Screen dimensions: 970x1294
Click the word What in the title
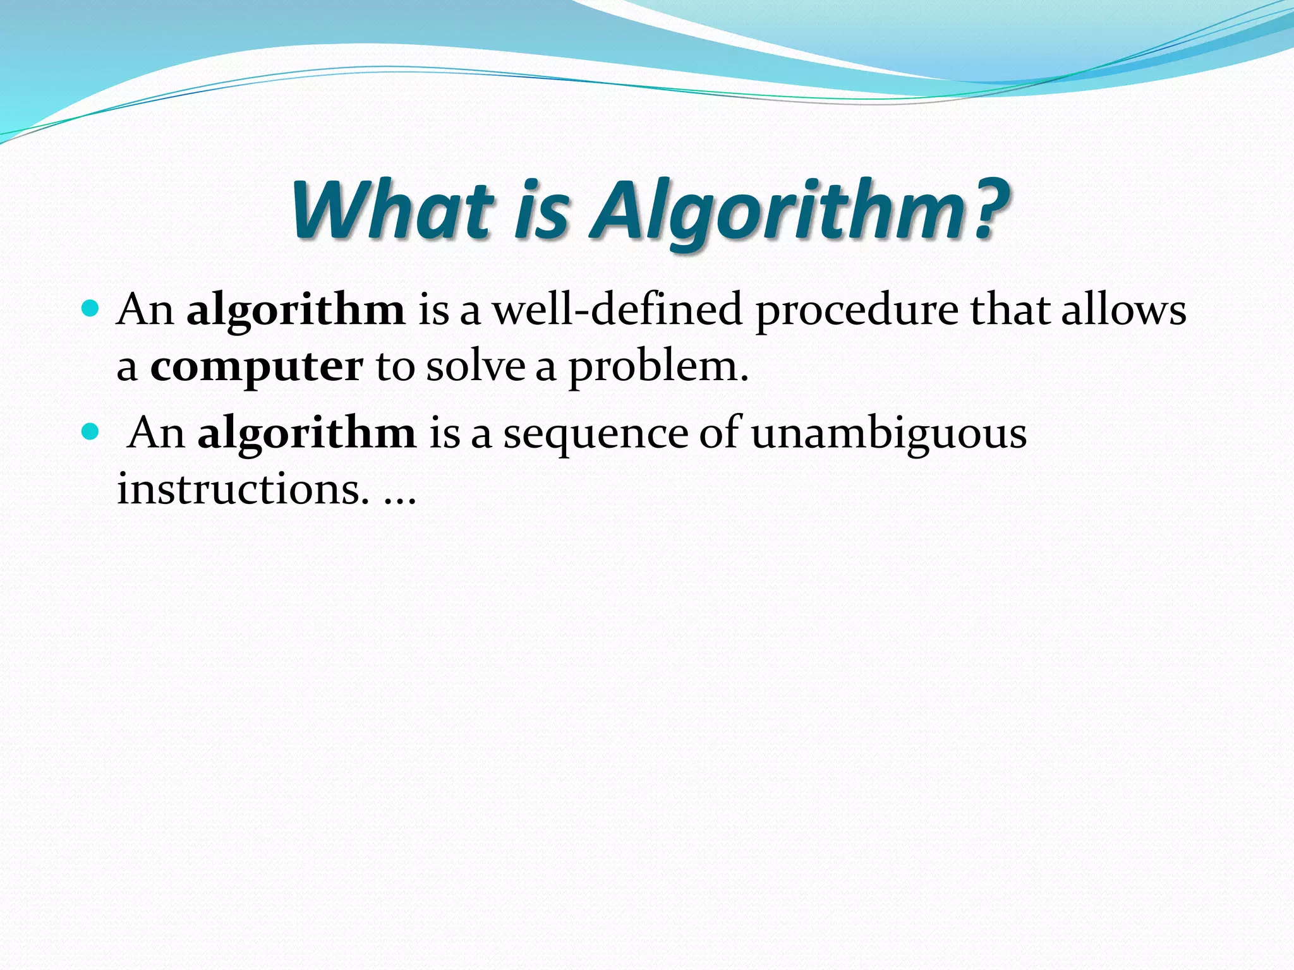pyautogui.click(x=392, y=210)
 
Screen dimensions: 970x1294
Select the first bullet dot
pyautogui.click(x=91, y=309)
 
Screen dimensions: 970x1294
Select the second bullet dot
pyautogui.click(x=91, y=432)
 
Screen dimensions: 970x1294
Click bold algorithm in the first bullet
pyautogui.click(x=296, y=311)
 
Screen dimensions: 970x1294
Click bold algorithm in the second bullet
pyautogui.click(x=307, y=434)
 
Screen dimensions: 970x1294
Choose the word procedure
pyautogui.click(x=857, y=311)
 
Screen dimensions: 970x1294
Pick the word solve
pyautogui.click(x=475, y=367)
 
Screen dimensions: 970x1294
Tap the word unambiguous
pyautogui.click(x=888, y=434)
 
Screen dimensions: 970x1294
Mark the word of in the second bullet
pyautogui.click(x=719, y=433)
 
